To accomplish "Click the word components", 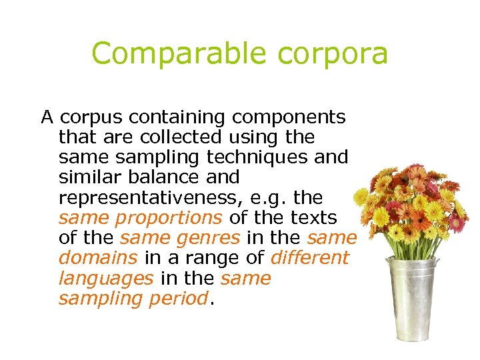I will pyautogui.click(x=289, y=118).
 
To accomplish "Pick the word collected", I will pyautogui.click(x=173, y=137).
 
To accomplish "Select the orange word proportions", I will pyautogui.click(x=169, y=218).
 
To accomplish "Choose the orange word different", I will pyautogui.click(x=309, y=257).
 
